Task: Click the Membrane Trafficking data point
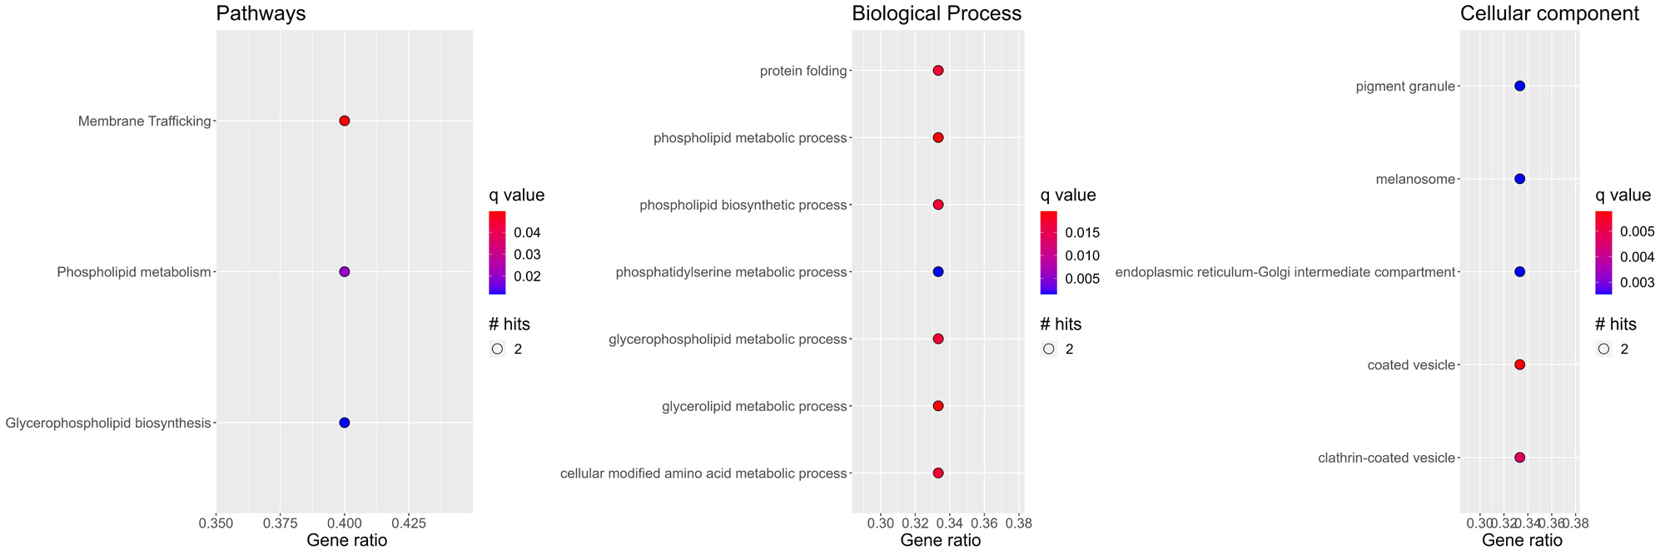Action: (345, 121)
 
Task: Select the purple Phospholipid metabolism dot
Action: (345, 272)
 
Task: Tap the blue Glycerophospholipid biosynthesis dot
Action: (345, 423)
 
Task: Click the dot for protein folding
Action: (938, 71)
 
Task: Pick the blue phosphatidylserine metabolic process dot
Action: (938, 272)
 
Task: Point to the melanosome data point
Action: (1519, 179)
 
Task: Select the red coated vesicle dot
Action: (1519, 364)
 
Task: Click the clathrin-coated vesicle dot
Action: (1519, 458)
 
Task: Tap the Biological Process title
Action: (937, 13)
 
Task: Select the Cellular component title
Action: (1549, 13)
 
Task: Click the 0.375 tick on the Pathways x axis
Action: (281, 523)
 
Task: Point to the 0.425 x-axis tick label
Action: (409, 523)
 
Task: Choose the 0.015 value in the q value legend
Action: (1082, 233)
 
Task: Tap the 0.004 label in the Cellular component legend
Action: (1638, 256)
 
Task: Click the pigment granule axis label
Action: (1404, 87)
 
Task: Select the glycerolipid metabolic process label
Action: (754, 407)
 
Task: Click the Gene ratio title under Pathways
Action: (346, 541)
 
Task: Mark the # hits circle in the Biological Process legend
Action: (1049, 349)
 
